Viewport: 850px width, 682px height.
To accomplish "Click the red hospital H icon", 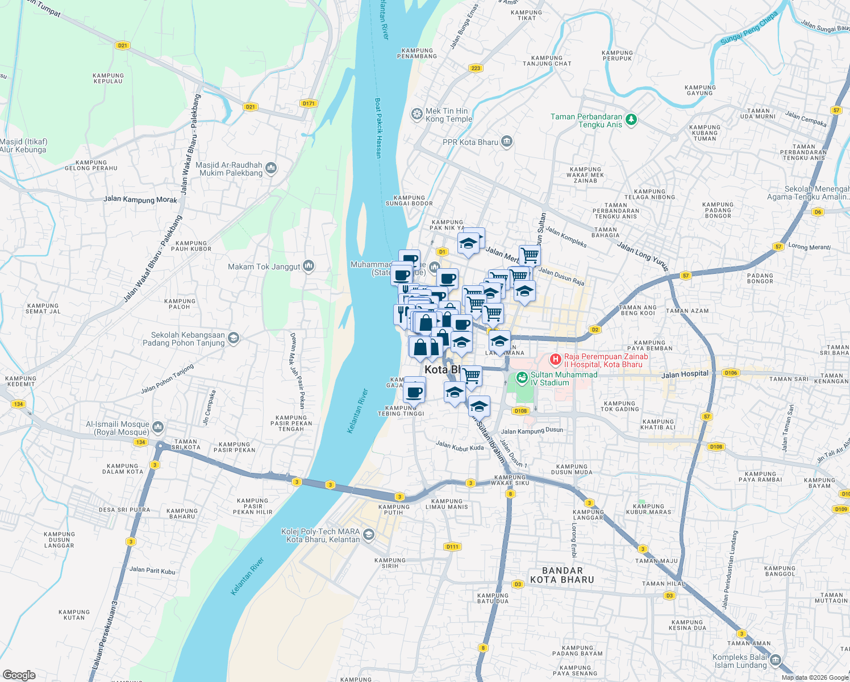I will click(556, 359).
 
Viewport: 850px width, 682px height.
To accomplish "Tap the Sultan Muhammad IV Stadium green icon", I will click(522, 377).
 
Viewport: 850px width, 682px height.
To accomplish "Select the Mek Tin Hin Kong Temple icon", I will click(416, 115).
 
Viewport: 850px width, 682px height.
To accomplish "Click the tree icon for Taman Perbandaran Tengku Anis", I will click(631, 120).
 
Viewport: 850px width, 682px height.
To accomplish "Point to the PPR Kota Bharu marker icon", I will click(507, 142).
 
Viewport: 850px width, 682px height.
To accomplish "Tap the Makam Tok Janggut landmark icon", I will click(309, 265).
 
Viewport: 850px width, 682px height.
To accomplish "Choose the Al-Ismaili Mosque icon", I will click(158, 427).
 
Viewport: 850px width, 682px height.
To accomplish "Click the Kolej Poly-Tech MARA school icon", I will click(369, 534).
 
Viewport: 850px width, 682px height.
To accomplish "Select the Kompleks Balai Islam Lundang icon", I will click(776, 660).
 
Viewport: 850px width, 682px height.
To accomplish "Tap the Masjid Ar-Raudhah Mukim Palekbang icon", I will click(271, 168).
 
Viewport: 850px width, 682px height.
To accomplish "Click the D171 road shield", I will click(309, 103).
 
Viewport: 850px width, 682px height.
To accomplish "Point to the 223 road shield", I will click(476, 68).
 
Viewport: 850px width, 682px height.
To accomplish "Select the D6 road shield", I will click(818, 212).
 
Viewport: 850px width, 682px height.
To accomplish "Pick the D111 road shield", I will click(452, 547).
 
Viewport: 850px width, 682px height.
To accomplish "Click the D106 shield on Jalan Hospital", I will click(731, 373).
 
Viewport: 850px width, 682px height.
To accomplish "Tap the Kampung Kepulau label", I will click(108, 78).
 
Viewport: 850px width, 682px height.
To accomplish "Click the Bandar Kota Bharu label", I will click(562, 575).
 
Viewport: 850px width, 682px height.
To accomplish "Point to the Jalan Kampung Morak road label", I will click(140, 199).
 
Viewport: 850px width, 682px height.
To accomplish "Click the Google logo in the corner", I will click(19, 675).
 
